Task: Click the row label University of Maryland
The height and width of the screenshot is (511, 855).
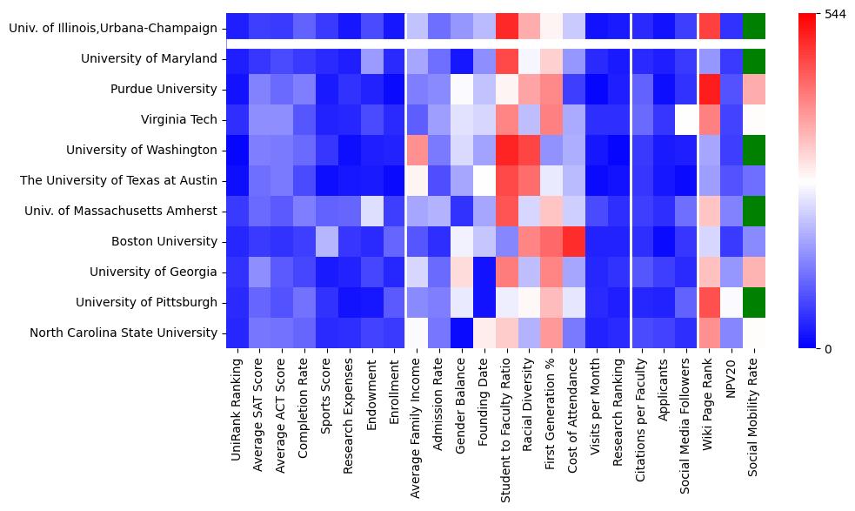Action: coord(149,59)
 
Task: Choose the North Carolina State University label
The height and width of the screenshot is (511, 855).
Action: coord(124,333)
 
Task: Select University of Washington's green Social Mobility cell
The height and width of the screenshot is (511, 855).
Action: coord(755,150)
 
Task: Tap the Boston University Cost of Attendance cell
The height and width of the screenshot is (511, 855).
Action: coord(574,241)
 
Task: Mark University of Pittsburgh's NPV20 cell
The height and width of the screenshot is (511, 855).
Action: coord(732,302)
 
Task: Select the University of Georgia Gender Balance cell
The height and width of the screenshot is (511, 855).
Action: coord(462,272)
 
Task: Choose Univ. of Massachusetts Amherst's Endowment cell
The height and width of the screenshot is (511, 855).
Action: coord(372,211)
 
